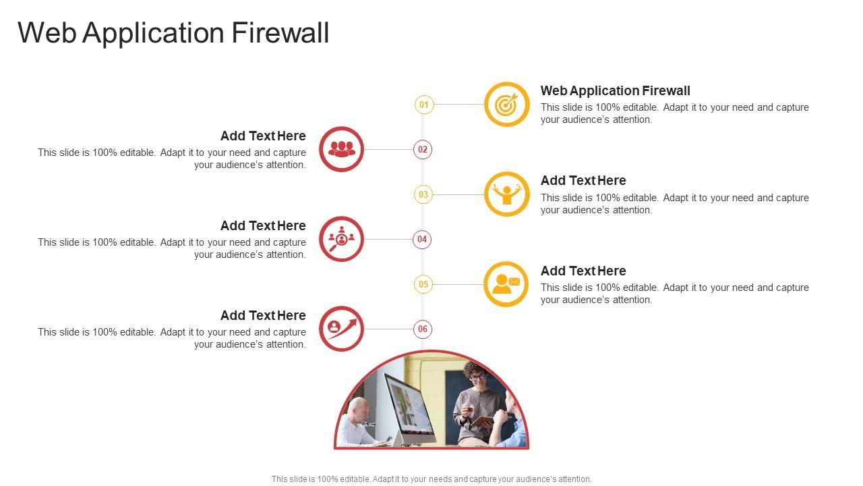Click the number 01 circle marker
coord(423,105)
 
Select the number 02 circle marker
coord(423,149)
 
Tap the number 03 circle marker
coord(423,194)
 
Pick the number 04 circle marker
coord(422,239)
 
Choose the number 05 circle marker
coord(423,284)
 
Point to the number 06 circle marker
coord(423,329)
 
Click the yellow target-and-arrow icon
coord(507,105)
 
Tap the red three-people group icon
coord(341,149)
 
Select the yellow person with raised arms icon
coord(507,194)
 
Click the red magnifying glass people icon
coord(341,239)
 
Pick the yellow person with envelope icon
coord(507,284)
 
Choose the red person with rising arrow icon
coord(341,329)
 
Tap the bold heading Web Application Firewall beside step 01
coord(615,90)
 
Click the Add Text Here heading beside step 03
coord(583,180)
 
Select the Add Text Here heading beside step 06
coord(263,315)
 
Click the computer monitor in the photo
coord(409,405)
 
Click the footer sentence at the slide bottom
coord(431,479)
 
